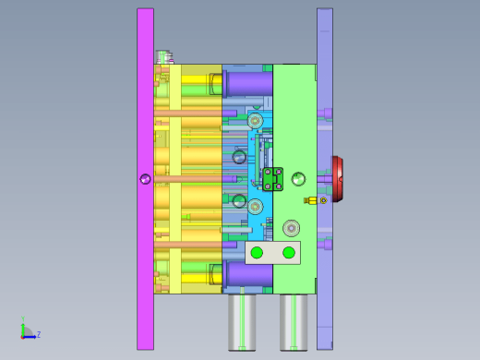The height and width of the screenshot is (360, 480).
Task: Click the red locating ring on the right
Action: pyautogui.click(x=338, y=179)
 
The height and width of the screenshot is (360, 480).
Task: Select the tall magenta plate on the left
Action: pyautogui.click(x=145, y=179)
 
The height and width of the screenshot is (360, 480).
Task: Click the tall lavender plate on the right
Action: pyautogui.click(x=325, y=179)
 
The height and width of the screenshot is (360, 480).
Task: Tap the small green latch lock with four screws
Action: pyautogui.click(x=273, y=179)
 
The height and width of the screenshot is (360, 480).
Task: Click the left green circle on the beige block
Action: pyautogui.click(x=257, y=253)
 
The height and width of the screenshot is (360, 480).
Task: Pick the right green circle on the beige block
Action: pyautogui.click(x=289, y=253)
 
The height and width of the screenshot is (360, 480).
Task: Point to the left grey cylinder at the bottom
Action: pyautogui.click(x=242, y=322)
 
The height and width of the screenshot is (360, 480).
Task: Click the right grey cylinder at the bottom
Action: pyautogui.click(x=294, y=322)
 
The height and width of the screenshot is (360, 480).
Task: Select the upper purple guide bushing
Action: pyautogui.click(x=248, y=83)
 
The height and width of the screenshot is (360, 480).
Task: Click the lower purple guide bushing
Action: pyautogui.click(x=248, y=274)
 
